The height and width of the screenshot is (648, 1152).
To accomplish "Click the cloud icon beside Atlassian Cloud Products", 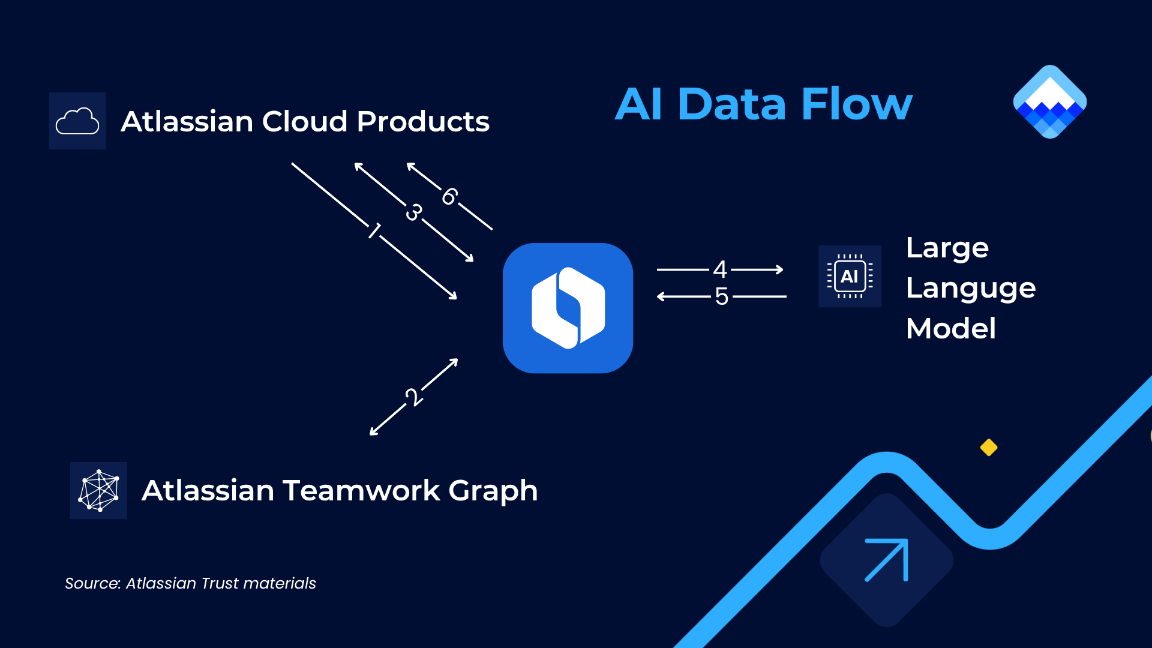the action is click(77, 121).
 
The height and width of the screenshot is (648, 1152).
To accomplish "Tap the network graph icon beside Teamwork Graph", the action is click(99, 490).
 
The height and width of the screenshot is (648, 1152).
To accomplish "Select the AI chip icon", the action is click(850, 277).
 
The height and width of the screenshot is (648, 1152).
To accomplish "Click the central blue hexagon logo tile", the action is click(568, 308).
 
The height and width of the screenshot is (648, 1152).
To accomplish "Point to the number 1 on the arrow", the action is click(374, 230).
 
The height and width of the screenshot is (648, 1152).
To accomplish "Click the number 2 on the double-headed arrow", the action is click(413, 397).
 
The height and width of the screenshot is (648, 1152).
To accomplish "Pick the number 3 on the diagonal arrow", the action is click(413, 212).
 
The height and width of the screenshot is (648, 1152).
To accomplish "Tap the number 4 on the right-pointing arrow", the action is click(720, 269).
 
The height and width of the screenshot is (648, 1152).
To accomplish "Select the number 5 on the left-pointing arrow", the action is click(721, 296).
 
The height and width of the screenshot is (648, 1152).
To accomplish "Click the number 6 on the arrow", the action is click(449, 196).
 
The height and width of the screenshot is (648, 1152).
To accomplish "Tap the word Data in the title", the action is click(731, 104).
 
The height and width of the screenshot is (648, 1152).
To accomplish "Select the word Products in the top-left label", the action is click(423, 121).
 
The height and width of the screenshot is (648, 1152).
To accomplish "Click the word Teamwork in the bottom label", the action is click(361, 490).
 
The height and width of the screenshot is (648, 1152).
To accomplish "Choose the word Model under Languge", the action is click(951, 329).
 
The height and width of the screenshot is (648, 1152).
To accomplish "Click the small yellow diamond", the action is click(989, 448).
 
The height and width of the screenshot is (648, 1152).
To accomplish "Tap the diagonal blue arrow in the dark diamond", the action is click(886, 560).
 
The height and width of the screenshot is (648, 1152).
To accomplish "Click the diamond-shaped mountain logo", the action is click(1050, 101).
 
